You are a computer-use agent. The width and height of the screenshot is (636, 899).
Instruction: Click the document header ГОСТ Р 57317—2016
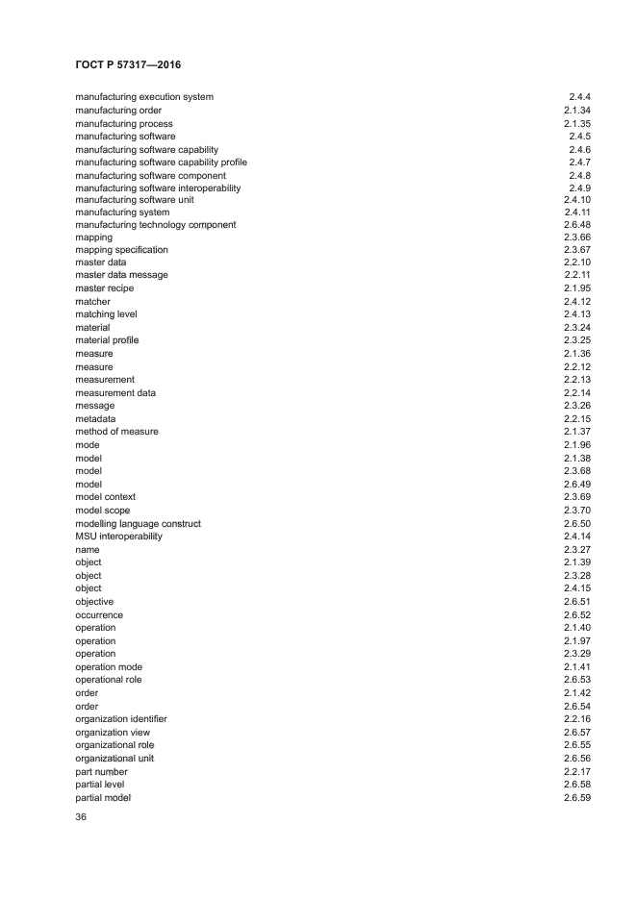tap(128, 64)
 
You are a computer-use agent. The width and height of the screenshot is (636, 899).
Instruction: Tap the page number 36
tap(81, 817)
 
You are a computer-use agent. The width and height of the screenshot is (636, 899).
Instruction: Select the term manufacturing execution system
tap(144, 97)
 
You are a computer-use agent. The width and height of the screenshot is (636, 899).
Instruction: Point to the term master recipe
tap(105, 288)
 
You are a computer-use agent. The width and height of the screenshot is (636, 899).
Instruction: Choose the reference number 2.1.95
tap(577, 288)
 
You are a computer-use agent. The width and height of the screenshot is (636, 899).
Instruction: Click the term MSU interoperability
tap(118, 537)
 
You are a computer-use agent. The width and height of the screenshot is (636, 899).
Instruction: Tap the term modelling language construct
tap(138, 524)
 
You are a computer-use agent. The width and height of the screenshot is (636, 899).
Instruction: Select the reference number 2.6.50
tap(577, 524)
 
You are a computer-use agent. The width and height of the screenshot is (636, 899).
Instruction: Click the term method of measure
tap(116, 432)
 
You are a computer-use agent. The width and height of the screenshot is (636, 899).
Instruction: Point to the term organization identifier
tap(120, 719)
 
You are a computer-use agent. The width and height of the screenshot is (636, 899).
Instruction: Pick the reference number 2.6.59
tap(577, 798)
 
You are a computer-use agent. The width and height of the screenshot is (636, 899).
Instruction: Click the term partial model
tap(103, 798)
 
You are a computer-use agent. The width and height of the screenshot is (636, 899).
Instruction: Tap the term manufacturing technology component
tap(155, 225)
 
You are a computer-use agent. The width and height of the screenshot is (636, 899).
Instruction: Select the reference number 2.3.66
tap(577, 237)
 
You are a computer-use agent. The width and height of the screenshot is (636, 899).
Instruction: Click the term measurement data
tap(115, 393)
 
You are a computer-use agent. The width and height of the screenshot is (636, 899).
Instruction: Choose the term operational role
tap(108, 680)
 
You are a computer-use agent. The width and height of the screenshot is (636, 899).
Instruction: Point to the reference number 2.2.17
tap(577, 772)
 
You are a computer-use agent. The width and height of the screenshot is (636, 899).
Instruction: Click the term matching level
tap(106, 314)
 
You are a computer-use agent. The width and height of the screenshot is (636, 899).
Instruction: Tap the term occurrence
tap(99, 615)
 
